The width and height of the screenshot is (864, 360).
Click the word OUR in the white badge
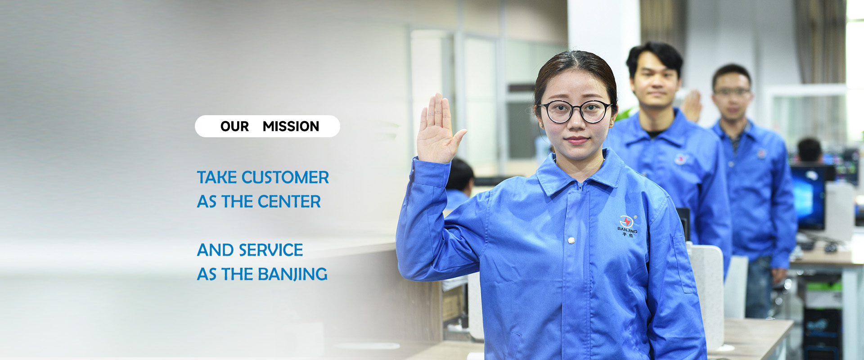pos(234,126)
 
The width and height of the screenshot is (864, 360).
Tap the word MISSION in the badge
pos(291,126)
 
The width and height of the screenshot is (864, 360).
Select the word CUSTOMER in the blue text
pos(285,177)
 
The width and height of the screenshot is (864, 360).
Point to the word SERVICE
pos(271,250)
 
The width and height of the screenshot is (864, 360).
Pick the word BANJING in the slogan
pos(292,274)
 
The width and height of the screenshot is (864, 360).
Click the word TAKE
pos(217,177)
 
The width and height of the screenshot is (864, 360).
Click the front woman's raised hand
pos(438,130)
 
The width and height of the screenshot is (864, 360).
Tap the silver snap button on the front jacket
pos(571,240)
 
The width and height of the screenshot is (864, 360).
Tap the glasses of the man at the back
pos(732,92)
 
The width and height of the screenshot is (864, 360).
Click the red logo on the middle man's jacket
pos(681,158)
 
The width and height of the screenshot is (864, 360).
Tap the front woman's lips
pos(576,140)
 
